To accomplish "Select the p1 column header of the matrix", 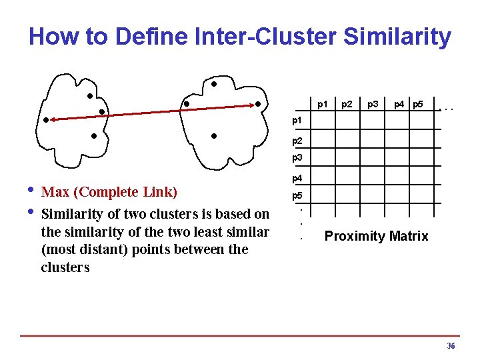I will click(323, 104).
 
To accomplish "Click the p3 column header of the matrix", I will click(373, 104).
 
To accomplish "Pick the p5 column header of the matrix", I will click(418, 104).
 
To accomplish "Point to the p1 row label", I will click(297, 121).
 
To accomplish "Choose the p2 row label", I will click(297, 141).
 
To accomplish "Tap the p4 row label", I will click(297, 179).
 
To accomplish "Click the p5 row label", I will click(297, 197).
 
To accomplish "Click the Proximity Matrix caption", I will click(376, 236).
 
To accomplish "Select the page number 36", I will click(451, 346).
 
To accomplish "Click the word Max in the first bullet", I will click(55, 193).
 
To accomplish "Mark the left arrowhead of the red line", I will click(51, 120).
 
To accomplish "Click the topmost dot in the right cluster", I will click(214, 85).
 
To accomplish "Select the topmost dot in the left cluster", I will click(89, 95).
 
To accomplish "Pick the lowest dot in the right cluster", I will click(213, 136).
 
